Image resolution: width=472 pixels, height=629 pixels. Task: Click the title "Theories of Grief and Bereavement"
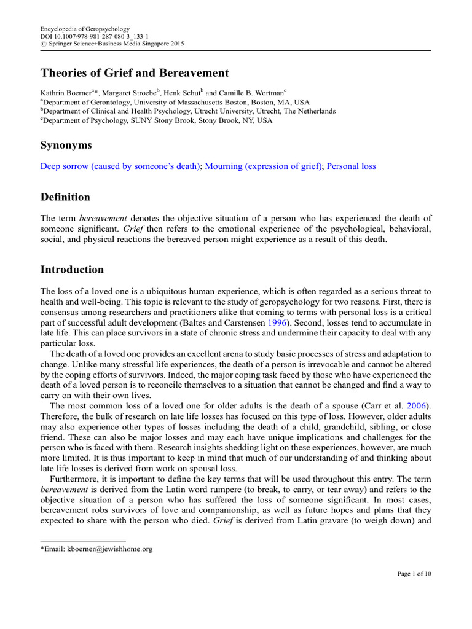click(135, 74)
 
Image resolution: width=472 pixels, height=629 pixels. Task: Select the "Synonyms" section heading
click(66, 146)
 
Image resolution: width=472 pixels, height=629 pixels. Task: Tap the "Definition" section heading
click(65, 197)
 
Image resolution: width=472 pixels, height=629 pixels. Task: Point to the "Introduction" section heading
click(72, 270)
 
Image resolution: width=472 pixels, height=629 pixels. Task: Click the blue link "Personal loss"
click(352, 166)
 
